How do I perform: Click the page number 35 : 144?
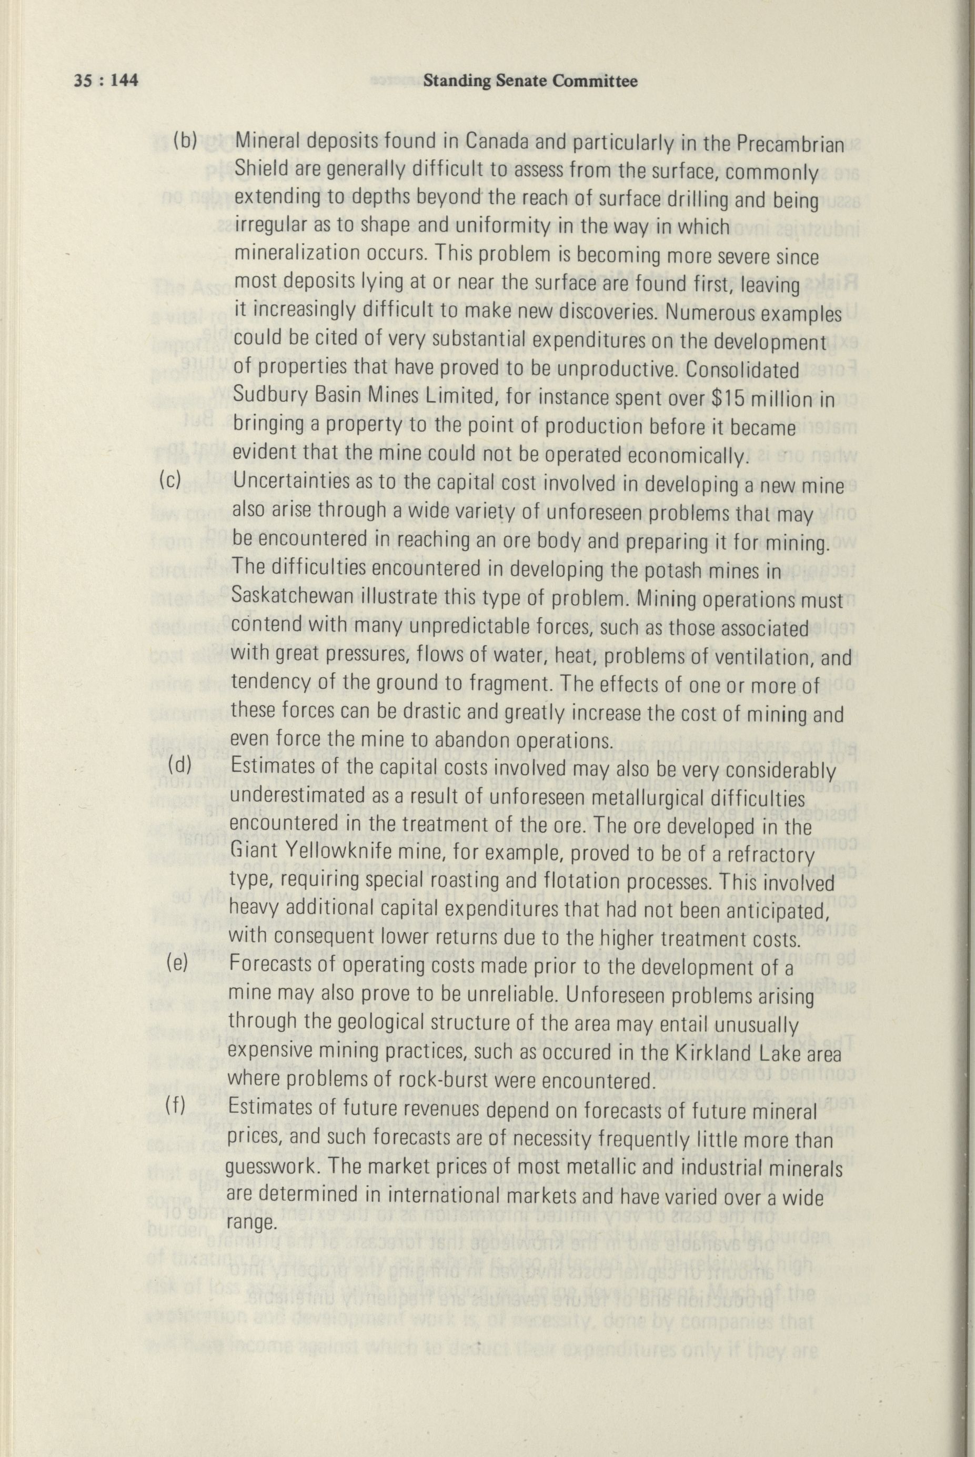coord(105,81)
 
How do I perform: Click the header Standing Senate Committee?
coord(530,81)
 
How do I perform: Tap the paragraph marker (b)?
coord(185,141)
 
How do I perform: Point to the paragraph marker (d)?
coord(180,766)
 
